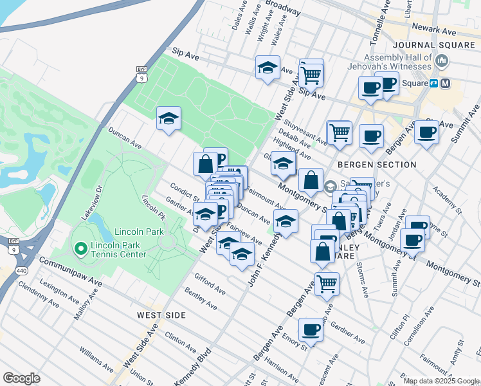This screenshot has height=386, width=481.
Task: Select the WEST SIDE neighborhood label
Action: tap(161, 315)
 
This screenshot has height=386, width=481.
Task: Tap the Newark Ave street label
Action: tap(435, 29)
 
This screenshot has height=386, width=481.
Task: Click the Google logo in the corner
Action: tap(21, 378)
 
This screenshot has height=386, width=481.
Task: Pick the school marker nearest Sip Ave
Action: tap(268, 67)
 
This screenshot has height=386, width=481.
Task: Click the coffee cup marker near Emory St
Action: tap(311, 329)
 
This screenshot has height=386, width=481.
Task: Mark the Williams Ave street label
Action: tap(96, 360)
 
